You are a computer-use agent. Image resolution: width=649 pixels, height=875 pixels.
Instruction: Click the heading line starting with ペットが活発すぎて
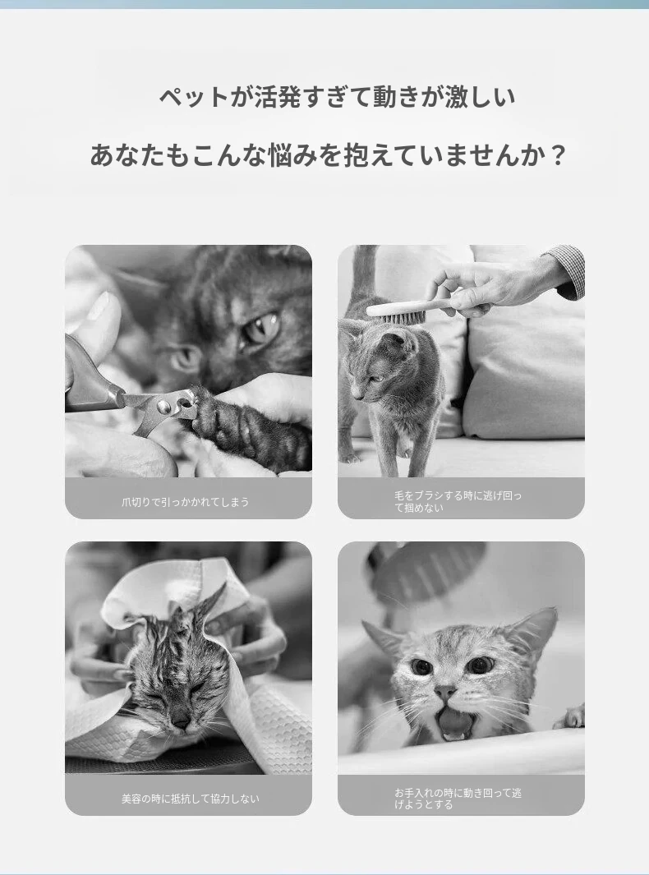click(337, 97)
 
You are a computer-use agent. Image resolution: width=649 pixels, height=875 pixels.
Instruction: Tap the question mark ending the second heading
click(558, 155)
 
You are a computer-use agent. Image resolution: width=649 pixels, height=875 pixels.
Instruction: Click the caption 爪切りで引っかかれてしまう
click(186, 502)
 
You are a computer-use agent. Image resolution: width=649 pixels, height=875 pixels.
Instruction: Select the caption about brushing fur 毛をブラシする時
click(458, 501)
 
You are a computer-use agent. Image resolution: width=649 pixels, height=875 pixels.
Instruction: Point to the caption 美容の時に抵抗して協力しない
click(191, 799)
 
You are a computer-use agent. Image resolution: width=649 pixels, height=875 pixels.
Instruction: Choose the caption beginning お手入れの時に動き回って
click(458, 799)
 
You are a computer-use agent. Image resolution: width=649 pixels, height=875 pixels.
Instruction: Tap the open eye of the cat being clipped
click(261, 328)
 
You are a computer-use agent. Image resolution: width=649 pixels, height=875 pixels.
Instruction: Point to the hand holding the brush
click(491, 283)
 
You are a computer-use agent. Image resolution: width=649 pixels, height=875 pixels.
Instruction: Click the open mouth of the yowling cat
click(454, 722)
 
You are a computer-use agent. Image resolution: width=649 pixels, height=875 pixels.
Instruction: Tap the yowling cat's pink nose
click(444, 692)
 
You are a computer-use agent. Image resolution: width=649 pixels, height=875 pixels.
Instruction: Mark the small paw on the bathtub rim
click(570, 716)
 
